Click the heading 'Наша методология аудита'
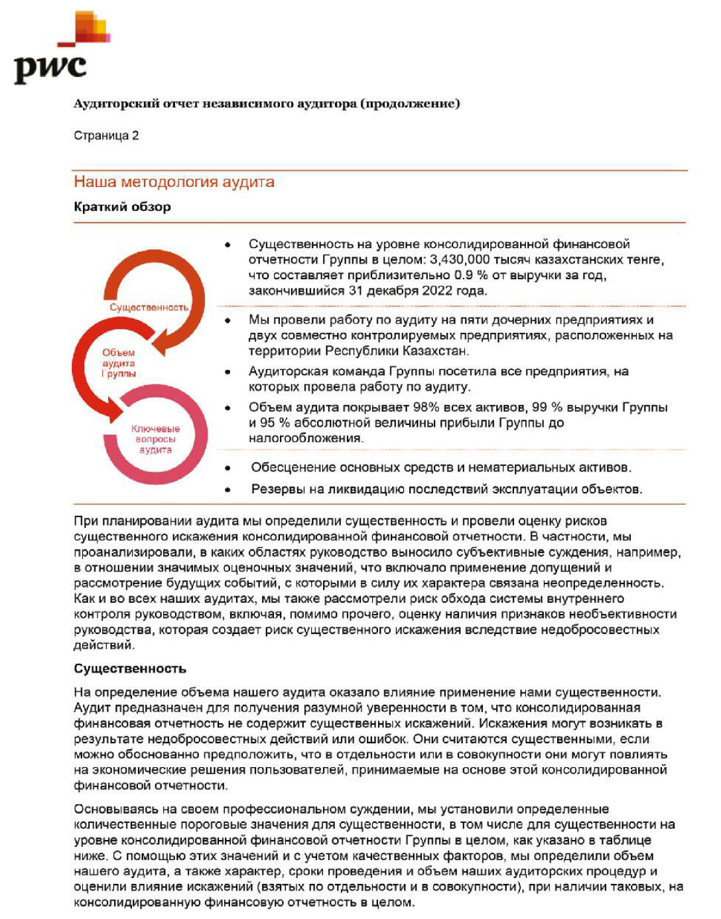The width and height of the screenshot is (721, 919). pyautogui.click(x=174, y=182)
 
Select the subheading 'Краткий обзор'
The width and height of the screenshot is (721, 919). pyautogui.click(x=122, y=207)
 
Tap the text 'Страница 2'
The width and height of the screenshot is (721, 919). pyautogui.click(x=106, y=136)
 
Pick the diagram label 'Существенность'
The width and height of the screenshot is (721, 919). pyautogui.click(x=149, y=308)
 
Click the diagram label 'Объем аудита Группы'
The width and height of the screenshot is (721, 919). pyautogui.click(x=119, y=363)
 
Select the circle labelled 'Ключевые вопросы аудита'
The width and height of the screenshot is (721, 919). pyautogui.click(x=155, y=439)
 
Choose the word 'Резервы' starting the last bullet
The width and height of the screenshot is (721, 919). pyautogui.click(x=275, y=490)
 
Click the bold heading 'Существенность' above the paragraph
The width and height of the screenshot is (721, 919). pyautogui.click(x=130, y=668)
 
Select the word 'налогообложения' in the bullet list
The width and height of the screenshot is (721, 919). pyautogui.click(x=305, y=438)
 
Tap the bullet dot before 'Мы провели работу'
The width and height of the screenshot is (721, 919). pyautogui.click(x=228, y=321)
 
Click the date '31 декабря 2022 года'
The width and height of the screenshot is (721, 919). pyautogui.click(x=419, y=290)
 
